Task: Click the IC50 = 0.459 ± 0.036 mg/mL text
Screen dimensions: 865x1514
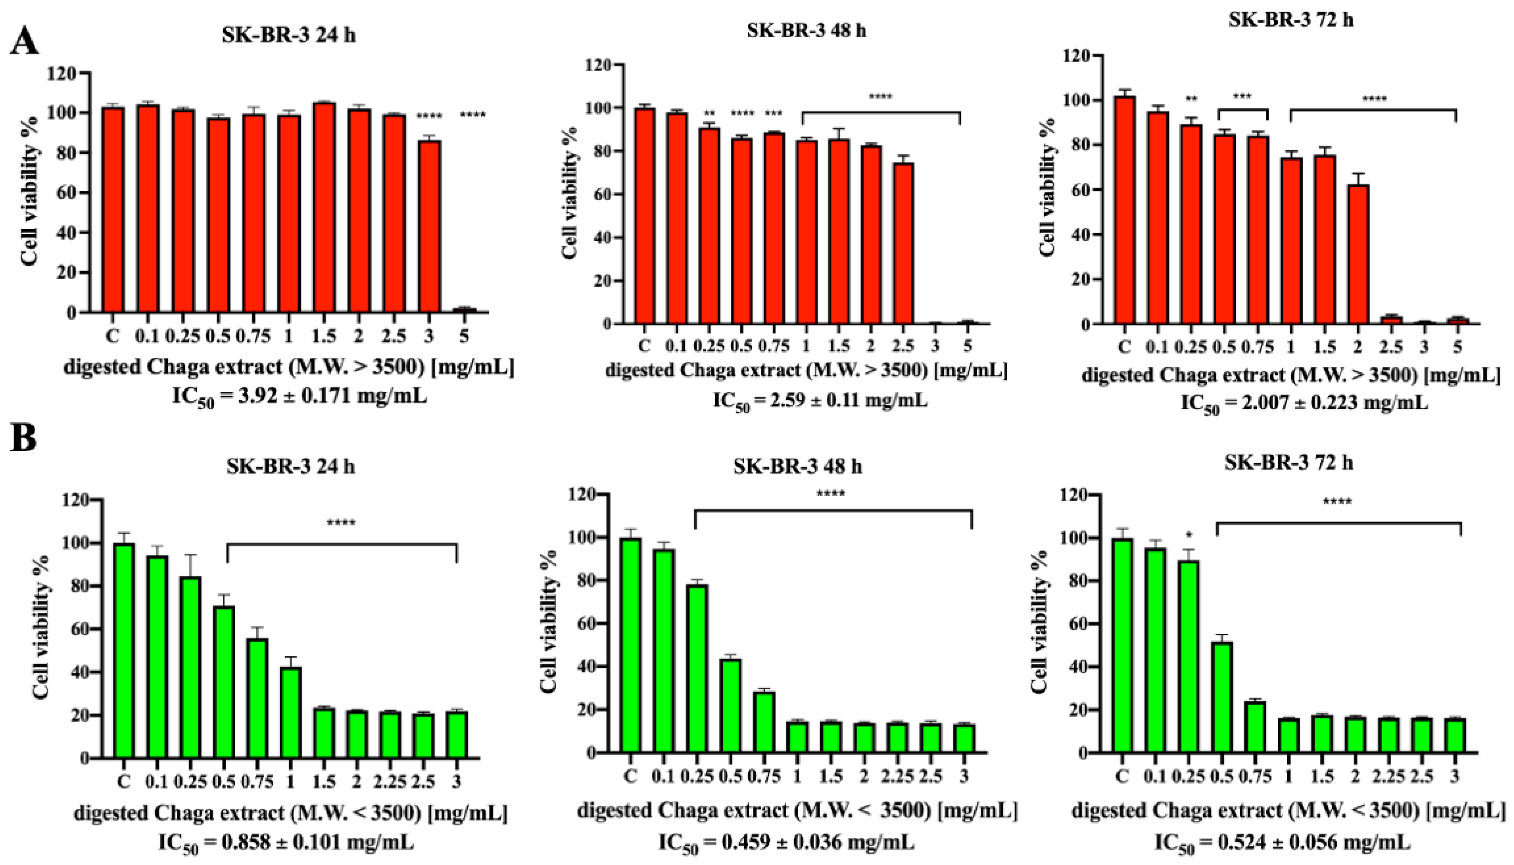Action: (786, 844)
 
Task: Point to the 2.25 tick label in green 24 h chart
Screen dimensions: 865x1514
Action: (390, 782)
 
